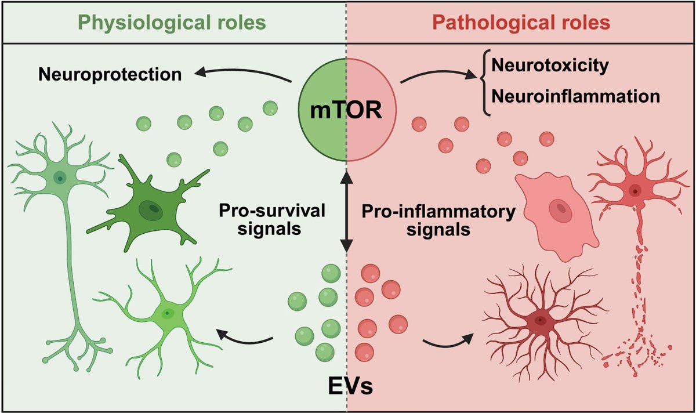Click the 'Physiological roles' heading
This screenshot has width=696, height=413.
172,23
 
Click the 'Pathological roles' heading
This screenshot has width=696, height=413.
522,23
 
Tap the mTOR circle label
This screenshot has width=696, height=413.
347,110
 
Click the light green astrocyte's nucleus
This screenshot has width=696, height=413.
168,314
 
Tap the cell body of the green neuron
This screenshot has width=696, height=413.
58,177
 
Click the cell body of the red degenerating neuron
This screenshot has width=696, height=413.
634,190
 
